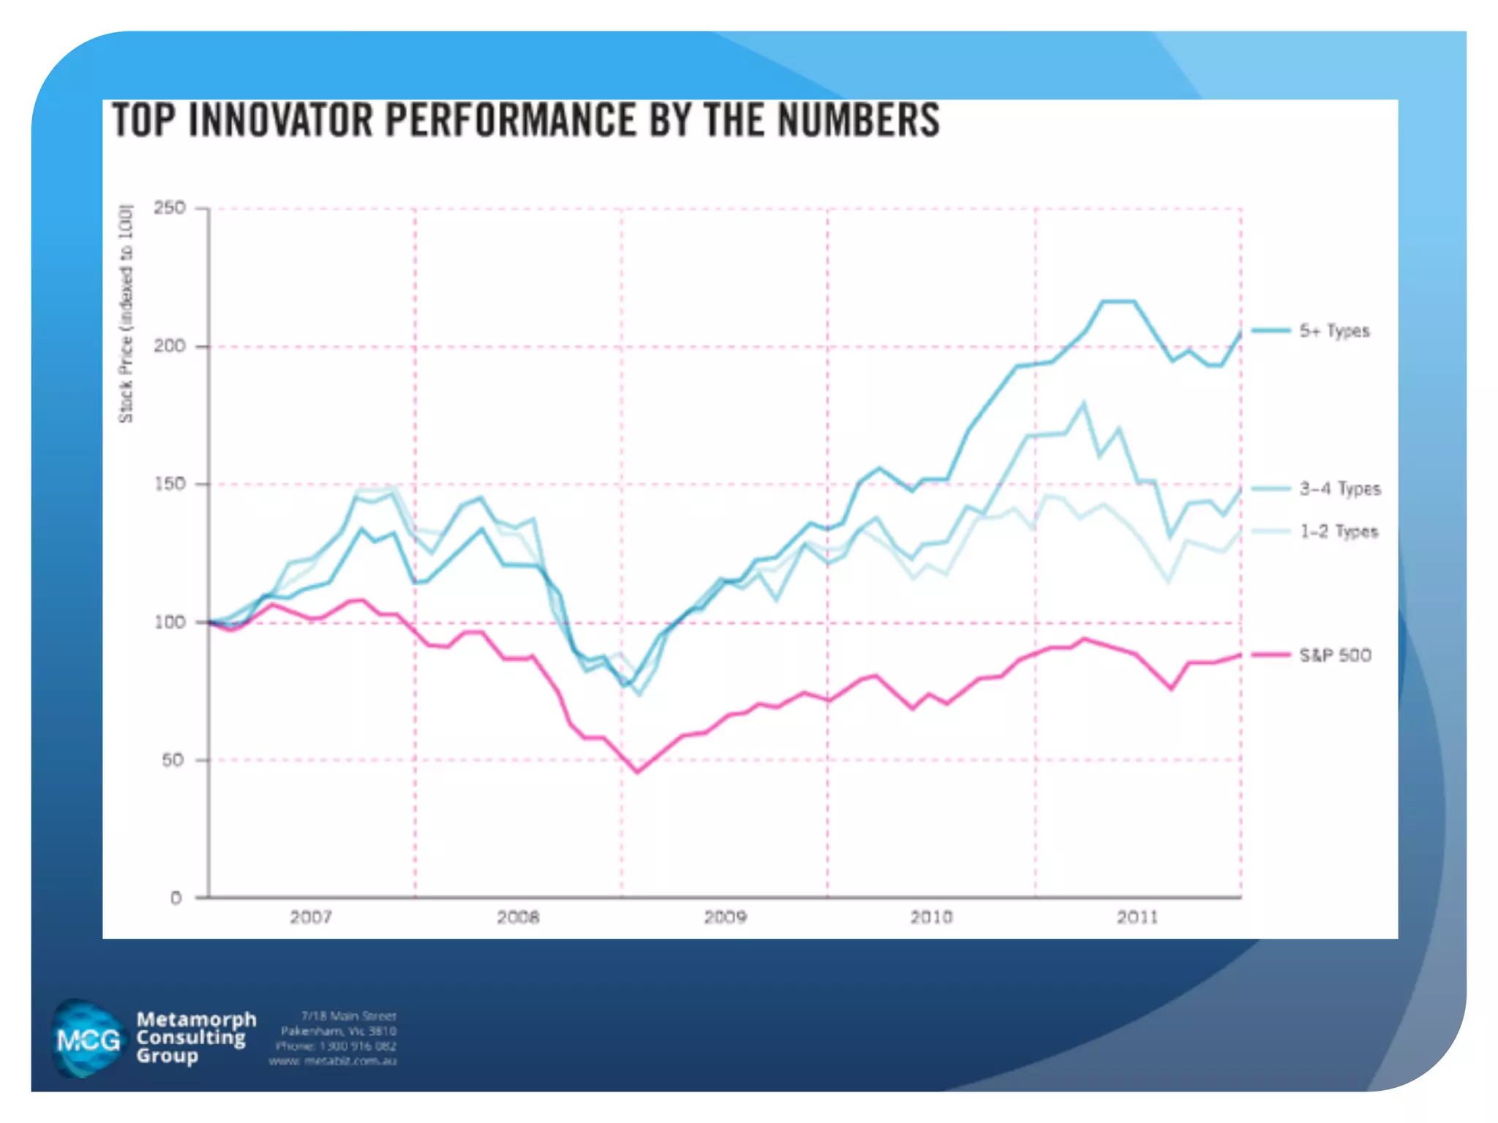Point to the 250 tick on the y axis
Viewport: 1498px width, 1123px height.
169,208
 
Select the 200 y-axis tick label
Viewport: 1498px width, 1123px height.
169,346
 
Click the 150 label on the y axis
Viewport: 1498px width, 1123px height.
169,484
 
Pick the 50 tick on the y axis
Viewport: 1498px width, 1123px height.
173,760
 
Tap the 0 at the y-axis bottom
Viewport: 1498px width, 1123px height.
176,899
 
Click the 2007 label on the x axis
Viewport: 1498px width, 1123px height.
311,917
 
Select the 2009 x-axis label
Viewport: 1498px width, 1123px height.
725,917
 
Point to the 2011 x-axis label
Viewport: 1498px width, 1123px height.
1138,917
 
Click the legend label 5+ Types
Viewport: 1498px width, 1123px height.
1334,331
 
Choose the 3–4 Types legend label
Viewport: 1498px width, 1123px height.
1340,489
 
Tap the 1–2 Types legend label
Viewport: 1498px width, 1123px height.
1339,532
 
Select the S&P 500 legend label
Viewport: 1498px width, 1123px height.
1335,655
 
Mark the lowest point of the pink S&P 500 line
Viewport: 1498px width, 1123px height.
637,772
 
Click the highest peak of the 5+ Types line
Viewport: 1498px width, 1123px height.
1118,301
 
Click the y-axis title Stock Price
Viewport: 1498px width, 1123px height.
127,314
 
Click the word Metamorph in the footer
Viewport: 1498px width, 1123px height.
196,1019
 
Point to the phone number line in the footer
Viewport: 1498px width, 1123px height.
336,1046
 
